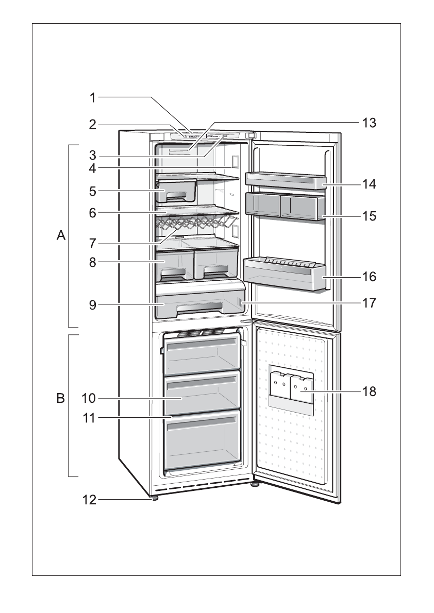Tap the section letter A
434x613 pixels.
[61, 236]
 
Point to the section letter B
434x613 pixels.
[61, 398]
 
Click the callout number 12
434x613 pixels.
[89, 499]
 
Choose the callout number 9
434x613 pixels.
[92, 304]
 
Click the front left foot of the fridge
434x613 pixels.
[154, 498]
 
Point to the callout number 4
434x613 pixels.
[92, 167]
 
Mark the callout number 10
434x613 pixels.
[89, 398]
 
